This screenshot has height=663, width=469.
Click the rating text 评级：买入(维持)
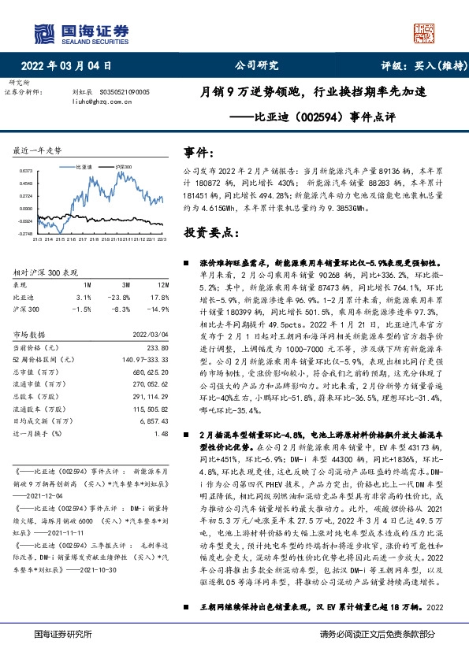pyautogui.click(x=419, y=66)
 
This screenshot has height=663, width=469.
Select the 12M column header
pyautogui.click(x=162, y=283)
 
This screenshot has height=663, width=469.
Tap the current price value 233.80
pyautogui.click(x=158, y=347)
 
